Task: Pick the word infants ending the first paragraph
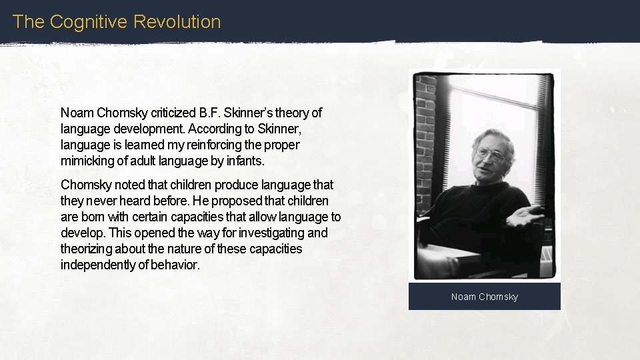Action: (x=245, y=161)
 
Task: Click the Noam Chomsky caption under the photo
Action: (x=484, y=297)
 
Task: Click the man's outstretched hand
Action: (x=527, y=216)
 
